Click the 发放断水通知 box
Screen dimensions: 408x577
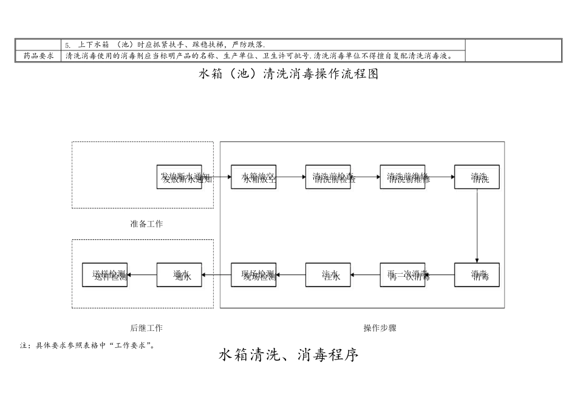(179, 177)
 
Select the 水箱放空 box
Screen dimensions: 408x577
(253, 177)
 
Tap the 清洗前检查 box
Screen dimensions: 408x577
(328, 177)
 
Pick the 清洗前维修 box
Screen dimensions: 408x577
(402, 177)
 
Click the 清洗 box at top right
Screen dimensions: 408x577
(477, 177)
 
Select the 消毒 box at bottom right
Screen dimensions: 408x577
(477, 274)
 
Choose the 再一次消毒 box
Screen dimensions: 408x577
(402, 274)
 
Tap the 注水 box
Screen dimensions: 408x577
(328, 274)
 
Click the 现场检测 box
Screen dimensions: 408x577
(253, 274)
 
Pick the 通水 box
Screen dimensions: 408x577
(179, 274)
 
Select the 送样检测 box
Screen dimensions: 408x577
(104, 274)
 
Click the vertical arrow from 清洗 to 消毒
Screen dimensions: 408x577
(477, 225)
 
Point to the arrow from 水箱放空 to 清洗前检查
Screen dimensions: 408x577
(290, 177)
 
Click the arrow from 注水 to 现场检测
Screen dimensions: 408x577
(290, 274)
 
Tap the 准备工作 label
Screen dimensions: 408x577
(146, 224)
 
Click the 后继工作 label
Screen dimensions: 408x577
(146, 328)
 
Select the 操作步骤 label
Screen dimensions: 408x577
(380, 328)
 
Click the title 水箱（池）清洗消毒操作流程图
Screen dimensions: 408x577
(288, 74)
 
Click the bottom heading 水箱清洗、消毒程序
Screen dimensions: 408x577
(288, 355)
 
